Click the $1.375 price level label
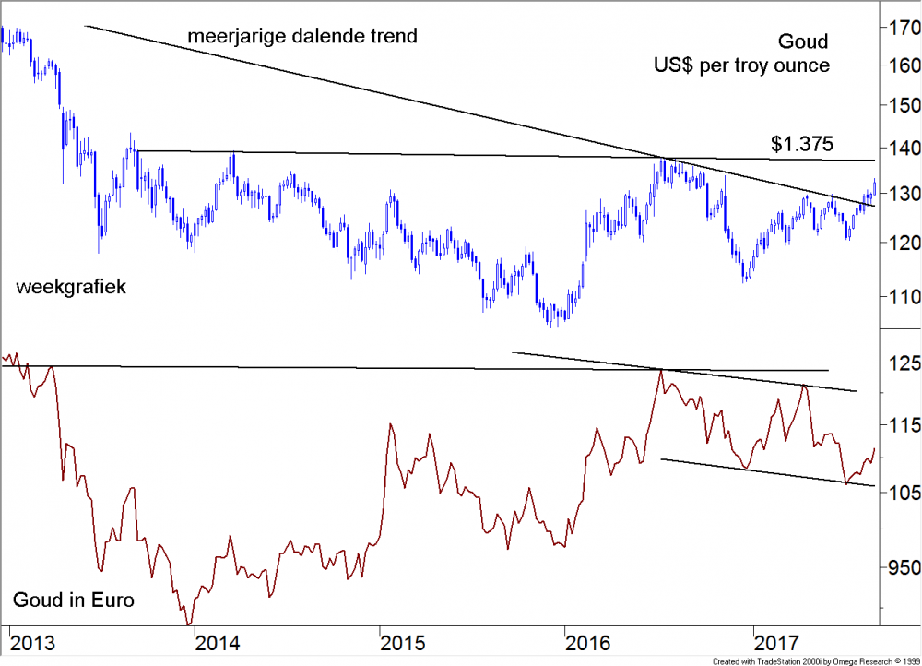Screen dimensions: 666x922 (802, 144)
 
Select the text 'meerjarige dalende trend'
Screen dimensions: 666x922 (302, 37)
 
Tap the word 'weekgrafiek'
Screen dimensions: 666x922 (71, 288)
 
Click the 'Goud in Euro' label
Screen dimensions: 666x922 (74, 601)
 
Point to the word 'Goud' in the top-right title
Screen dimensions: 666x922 (803, 42)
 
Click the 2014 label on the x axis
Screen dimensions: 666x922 (219, 641)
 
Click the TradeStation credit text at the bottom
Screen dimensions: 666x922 (815, 660)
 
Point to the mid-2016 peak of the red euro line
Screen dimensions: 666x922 (660, 370)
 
